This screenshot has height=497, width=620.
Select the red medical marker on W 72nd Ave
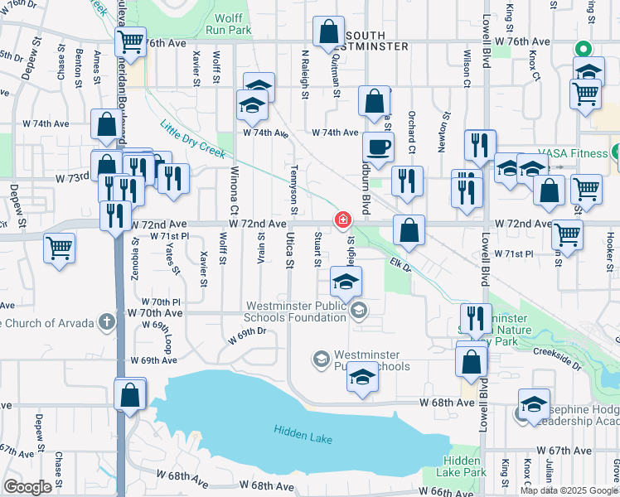341,220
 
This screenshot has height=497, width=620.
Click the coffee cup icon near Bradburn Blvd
379,147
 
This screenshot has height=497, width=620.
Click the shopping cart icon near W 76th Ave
131,41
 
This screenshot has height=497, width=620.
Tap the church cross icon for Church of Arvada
106,321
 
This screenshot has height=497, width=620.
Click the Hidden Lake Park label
464,466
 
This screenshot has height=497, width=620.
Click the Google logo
27,487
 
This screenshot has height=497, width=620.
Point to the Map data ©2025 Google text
569,490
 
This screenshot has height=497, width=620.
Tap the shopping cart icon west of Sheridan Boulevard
60,247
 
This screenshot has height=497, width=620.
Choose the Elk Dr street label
401,266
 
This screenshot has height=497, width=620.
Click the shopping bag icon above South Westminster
329,32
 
